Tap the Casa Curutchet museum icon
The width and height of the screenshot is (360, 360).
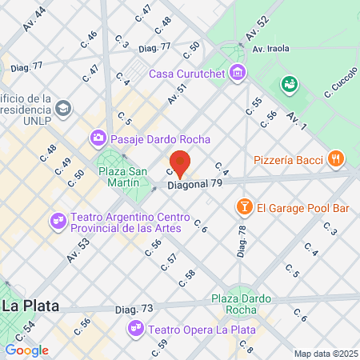click(x=237, y=74)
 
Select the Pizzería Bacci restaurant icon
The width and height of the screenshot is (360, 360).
click(x=336, y=159)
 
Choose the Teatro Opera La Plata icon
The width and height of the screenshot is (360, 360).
click(x=137, y=328)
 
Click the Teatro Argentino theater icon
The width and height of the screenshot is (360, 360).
click(x=58, y=218)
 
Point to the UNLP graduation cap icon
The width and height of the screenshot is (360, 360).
click(x=65, y=106)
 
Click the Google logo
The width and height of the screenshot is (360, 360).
click(x=27, y=350)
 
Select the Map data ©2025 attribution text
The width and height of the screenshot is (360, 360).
click(x=325, y=354)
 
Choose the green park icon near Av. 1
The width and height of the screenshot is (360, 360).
click(x=290, y=83)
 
